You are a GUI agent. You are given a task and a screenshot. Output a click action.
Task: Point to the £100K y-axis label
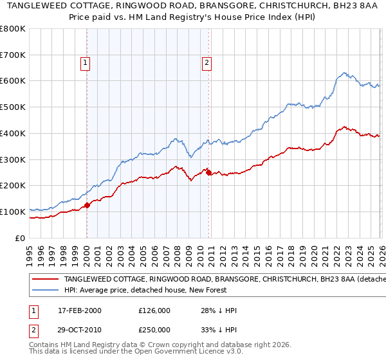[x=13, y=212]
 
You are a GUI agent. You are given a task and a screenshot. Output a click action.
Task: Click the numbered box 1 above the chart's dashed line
[x=86, y=62]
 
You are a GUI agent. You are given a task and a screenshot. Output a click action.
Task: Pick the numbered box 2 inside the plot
[x=206, y=62]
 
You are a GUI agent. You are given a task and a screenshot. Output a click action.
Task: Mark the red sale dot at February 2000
[x=87, y=205]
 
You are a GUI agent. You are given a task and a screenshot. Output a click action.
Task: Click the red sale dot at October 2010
[x=209, y=172]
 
